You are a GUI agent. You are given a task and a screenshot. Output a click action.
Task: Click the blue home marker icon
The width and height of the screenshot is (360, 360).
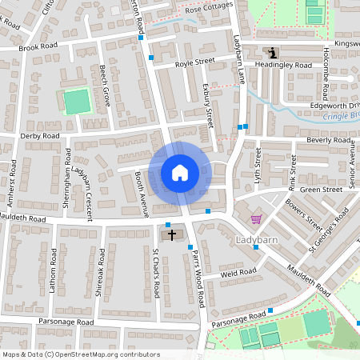tap(180, 172)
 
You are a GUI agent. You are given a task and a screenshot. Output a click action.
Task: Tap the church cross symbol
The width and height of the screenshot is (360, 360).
tap(172, 235)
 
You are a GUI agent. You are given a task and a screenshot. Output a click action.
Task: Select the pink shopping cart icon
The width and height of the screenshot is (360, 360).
tap(256, 218)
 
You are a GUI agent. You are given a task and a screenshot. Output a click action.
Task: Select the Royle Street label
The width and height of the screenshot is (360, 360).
tap(195, 60)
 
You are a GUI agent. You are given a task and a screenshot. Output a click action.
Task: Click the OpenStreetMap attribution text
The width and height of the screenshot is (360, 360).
tap(81, 354)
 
